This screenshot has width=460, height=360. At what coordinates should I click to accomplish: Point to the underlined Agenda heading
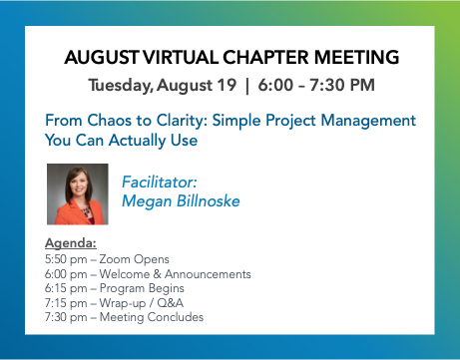point(71,243)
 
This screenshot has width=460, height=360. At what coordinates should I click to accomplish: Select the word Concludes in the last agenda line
point(176,317)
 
